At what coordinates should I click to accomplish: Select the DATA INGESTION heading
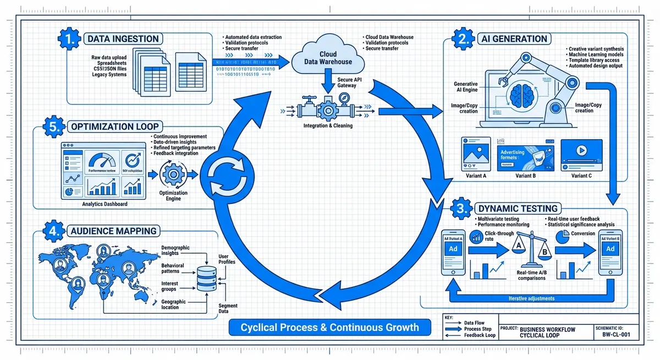tap(123, 39)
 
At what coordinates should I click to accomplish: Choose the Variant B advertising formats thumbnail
tap(524, 155)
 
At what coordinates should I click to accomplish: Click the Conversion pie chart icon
tap(563, 236)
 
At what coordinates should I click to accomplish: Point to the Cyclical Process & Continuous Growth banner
tap(329, 328)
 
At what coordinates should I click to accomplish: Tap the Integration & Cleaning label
tap(328, 125)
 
